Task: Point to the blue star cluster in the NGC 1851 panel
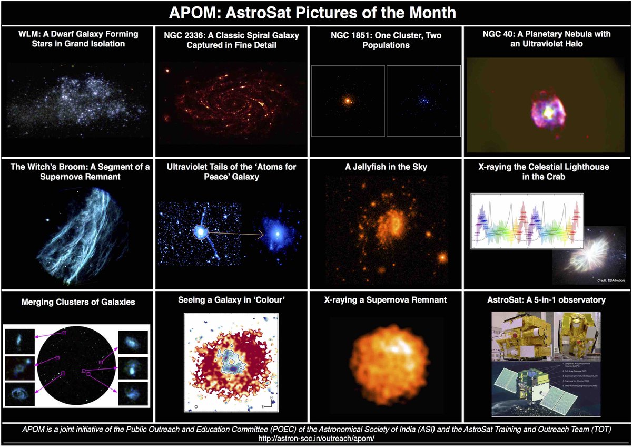click(423, 99)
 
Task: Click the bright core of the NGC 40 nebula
click(548, 112)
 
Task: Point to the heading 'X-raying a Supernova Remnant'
click(386, 300)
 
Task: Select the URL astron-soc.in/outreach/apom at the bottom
click(315, 438)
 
